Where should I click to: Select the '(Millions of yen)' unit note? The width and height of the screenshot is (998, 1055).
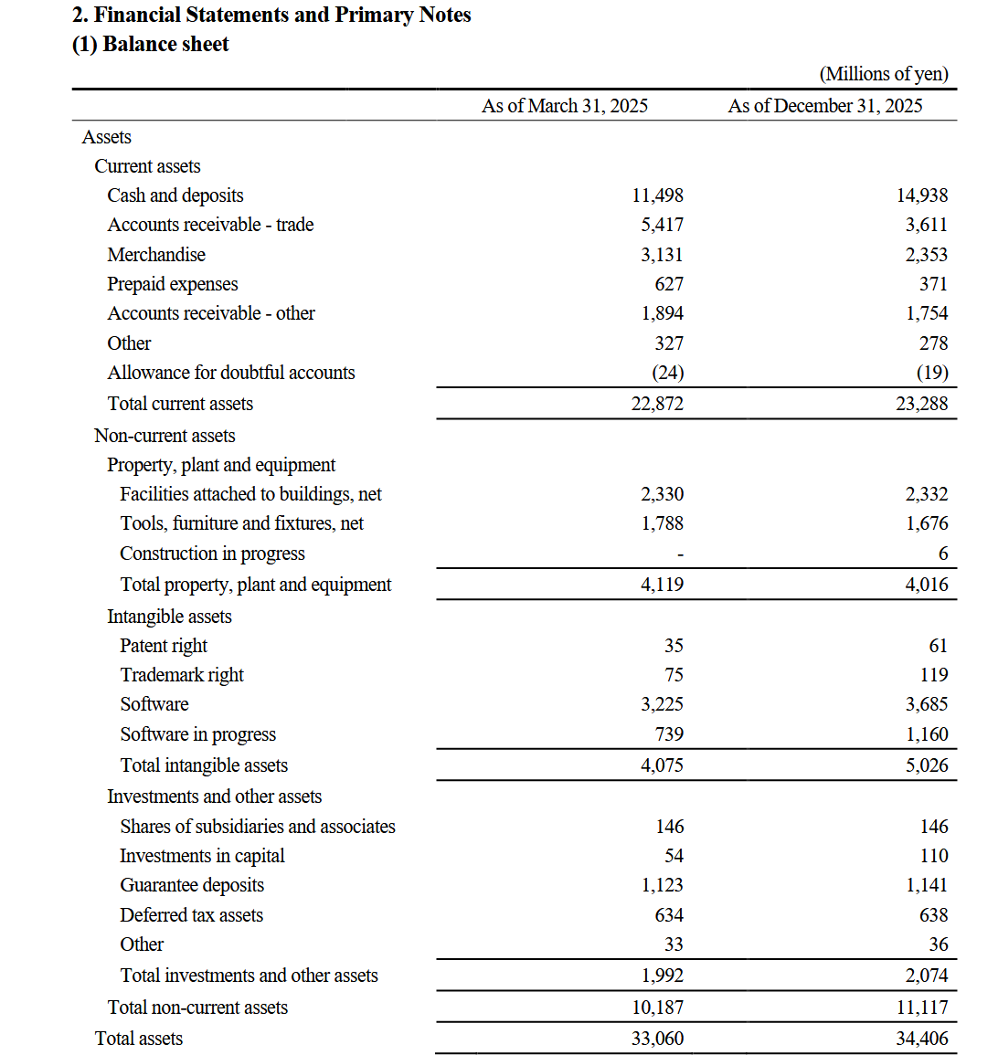[883, 74]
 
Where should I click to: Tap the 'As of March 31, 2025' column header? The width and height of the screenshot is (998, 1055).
[564, 106]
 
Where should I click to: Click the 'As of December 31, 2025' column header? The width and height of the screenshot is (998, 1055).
[824, 106]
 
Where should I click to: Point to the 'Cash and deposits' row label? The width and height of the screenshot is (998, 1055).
[175, 195]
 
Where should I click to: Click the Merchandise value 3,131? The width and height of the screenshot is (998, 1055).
[662, 255]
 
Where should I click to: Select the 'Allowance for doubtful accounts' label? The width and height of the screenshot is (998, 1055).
[231, 373]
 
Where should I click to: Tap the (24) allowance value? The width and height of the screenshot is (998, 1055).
[667, 373]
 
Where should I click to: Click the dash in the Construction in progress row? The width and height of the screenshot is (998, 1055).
[679, 554]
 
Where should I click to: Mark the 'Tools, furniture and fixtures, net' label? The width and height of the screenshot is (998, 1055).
[241, 523]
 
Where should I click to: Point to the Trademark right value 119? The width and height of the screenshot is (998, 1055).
[933, 675]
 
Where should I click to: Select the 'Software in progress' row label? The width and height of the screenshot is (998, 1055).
[197, 734]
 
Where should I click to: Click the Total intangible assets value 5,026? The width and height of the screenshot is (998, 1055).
[926, 765]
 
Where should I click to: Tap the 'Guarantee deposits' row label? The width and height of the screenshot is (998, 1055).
[192, 885]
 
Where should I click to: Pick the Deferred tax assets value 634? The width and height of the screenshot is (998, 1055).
[669, 915]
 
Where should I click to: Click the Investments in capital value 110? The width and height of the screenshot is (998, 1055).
[933, 856]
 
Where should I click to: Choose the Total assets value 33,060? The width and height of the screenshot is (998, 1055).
[657, 1039]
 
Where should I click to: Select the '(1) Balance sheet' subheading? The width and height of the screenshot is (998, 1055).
[151, 44]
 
